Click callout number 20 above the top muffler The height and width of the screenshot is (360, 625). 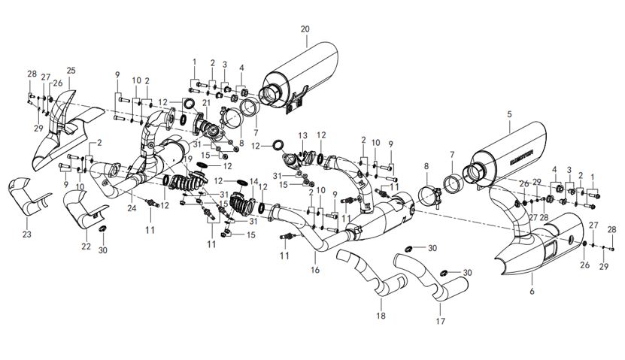point(305,29)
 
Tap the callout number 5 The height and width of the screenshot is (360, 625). point(509,113)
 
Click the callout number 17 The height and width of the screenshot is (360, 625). point(440,321)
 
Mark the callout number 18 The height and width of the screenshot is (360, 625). point(381,316)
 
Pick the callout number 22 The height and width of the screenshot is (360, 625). point(86,247)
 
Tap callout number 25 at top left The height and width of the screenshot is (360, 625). point(71,71)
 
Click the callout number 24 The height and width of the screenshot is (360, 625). point(132,207)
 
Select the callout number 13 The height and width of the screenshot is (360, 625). point(303,135)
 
